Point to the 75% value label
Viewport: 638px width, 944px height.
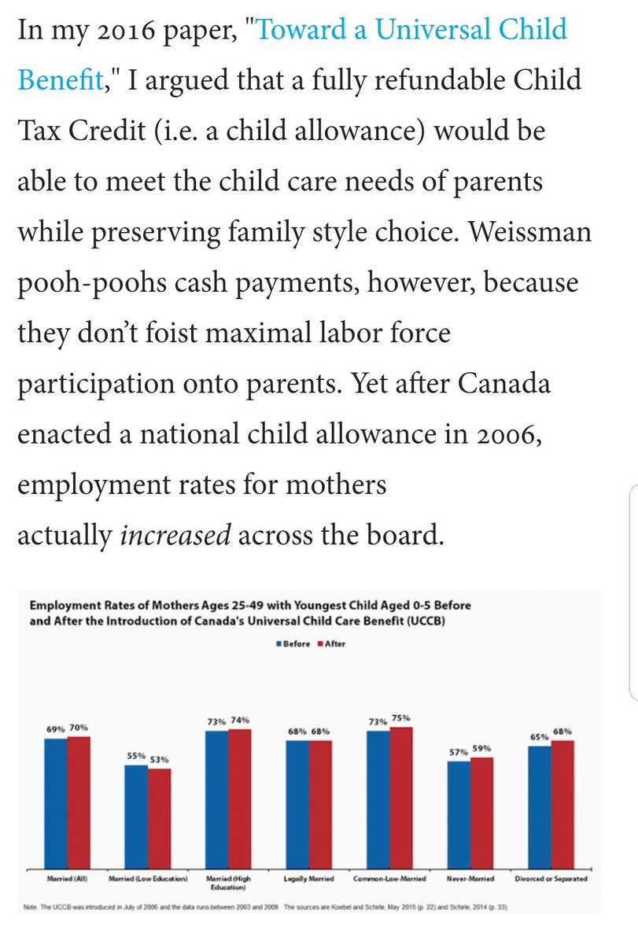[401, 717]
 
